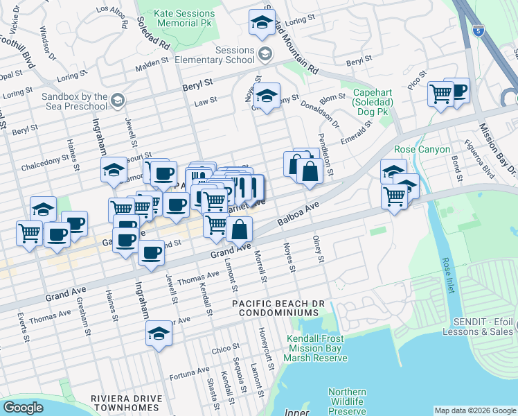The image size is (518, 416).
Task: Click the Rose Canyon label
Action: pyautogui.click(x=422, y=149)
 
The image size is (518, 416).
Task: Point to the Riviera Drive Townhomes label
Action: pyautogui.click(x=126, y=403)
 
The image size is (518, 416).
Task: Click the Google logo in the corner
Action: pyautogui.click(x=23, y=408)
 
